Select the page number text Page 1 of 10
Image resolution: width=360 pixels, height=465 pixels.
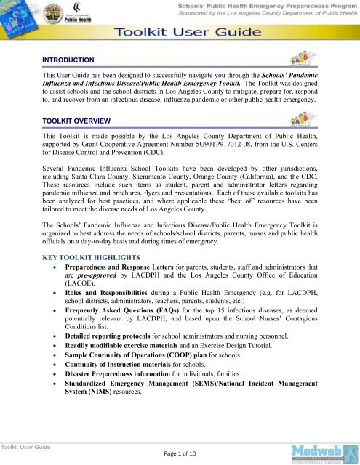(180, 454)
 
